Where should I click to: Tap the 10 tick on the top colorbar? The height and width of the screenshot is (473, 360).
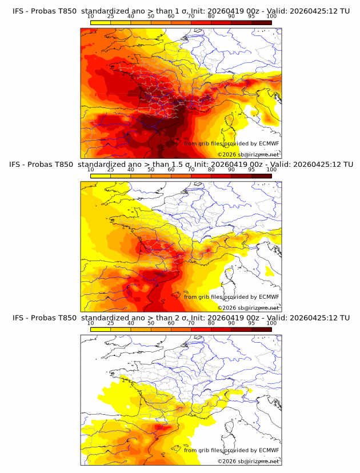(x=91, y=16)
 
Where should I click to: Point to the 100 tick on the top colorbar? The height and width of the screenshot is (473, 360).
(x=271, y=16)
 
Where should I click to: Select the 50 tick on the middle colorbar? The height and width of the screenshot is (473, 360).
(x=151, y=170)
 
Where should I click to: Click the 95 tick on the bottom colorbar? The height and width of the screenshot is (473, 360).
(x=251, y=323)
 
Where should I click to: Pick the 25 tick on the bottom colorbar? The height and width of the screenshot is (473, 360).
(x=111, y=323)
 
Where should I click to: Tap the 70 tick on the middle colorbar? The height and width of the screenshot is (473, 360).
(x=191, y=170)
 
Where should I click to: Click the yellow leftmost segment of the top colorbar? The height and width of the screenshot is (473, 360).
(x=101, y=22)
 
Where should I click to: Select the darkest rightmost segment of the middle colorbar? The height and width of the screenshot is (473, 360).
(x=261, y=176)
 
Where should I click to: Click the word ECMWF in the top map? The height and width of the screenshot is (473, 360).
(x=269, y=143)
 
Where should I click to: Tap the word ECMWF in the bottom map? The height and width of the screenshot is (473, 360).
(x=269, y=450)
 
